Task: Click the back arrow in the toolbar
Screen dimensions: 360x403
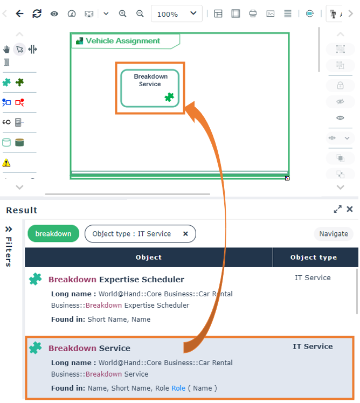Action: [x=19, y=13]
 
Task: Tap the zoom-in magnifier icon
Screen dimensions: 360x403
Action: [x=123, y=13]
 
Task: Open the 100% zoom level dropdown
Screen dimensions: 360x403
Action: [x=176, y=13]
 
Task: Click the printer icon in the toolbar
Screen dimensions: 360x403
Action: [x=253, y=13]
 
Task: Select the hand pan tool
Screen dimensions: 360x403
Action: [x=6, y=49]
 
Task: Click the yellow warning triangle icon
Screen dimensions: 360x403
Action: [x=6, y=163]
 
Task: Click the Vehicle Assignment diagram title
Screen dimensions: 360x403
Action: [x=123, y=40]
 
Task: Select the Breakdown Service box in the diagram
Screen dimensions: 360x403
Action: [x=150, y=88]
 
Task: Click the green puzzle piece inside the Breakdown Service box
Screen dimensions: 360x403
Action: [x=169, y=97]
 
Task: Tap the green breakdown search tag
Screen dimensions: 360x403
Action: [x=53, y=234]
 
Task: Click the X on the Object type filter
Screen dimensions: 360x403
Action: [x=185, y=234]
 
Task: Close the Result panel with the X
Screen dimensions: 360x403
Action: [x=349, y=209]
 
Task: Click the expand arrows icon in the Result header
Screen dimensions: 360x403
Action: [x=337, y=209]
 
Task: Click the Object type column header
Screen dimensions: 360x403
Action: [x=314, y=258]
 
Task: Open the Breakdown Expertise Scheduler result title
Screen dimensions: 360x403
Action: [x=116, y=280]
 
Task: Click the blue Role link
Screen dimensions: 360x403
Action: [x=178, y=388]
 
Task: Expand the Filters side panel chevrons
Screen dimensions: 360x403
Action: [x=9, y=229]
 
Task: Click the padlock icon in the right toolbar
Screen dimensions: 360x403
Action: [x=340, y=85]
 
